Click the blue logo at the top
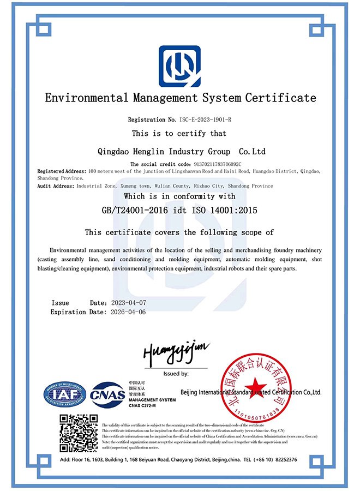(179, 66)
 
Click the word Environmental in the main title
(87, 98)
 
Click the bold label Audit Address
(56, 186)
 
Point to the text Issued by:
(176, 374)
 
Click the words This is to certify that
(179, 133)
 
